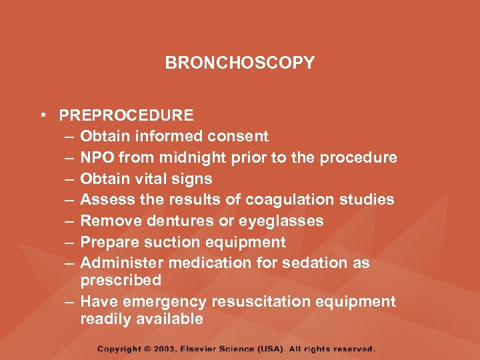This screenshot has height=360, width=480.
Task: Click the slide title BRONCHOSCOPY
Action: click(x=239, y=63)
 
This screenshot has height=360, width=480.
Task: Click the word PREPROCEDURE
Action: click(x=126, y=115)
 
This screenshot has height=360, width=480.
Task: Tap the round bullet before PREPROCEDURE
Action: click(x=42, y=115)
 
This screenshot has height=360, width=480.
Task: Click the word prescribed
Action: click(x=121, y=280)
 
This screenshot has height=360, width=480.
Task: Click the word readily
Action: click(x=105, y=319)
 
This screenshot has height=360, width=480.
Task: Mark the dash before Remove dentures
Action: click(x=70, y=221)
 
